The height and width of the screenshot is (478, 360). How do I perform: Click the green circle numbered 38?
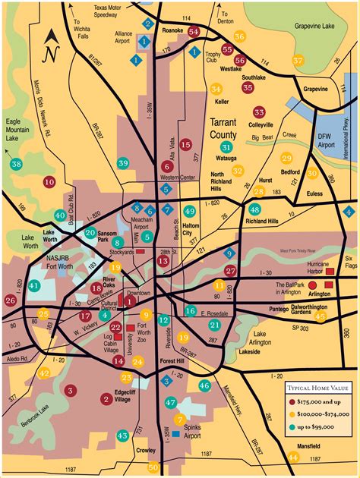pos(16,164)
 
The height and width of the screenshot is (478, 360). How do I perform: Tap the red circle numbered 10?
pos(49,182)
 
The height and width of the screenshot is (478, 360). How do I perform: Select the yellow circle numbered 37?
pos(298,60)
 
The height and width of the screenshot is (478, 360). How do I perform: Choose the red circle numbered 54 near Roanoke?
pos(194,31)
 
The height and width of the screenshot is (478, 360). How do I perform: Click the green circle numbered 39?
pos(123,163)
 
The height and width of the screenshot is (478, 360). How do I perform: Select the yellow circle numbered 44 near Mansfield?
pos(293,457)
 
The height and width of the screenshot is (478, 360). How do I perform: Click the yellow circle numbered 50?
pos(153,467)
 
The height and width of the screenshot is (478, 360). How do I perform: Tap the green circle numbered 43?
pos(123,436)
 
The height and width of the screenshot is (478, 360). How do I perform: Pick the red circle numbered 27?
pos(230,270)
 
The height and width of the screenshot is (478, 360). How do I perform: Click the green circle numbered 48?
pos(254,209)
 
